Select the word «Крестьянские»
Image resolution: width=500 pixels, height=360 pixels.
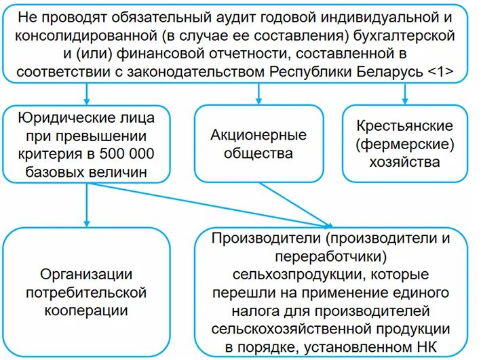(405, 126)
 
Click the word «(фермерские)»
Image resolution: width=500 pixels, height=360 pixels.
(405, 144)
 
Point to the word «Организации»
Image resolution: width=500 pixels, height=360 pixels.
(86, 275)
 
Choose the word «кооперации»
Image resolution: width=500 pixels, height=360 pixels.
(86, 310)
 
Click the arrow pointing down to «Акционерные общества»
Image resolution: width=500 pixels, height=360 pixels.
(259, 94)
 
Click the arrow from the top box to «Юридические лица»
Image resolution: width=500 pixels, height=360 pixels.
(86, 94)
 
